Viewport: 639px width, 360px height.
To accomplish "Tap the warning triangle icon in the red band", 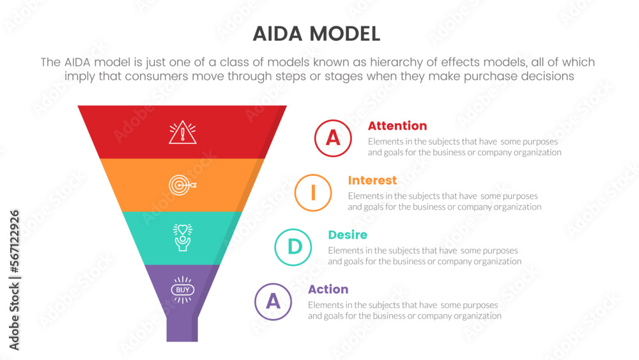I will coord(183,132).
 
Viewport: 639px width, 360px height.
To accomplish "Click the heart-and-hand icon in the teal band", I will coord(183,237).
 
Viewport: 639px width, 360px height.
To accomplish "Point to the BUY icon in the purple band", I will coord(183,290).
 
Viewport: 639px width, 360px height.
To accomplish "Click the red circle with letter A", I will coord(333,138).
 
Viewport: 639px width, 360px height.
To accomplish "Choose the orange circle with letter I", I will coord(312,192).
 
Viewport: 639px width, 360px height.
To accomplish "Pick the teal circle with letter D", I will coord(293,247).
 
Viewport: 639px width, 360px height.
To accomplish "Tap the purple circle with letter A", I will coord(273,301).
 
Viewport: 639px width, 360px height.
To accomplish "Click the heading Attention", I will coord(397,126).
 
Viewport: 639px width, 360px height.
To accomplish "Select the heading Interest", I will coord(372,180).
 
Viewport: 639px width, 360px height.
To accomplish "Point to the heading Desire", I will coord(348,235).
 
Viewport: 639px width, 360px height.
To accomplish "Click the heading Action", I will coord(328,289).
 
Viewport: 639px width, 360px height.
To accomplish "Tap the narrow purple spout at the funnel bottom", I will coord(183,329).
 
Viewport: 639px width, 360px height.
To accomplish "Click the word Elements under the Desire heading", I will coord(346,251).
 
